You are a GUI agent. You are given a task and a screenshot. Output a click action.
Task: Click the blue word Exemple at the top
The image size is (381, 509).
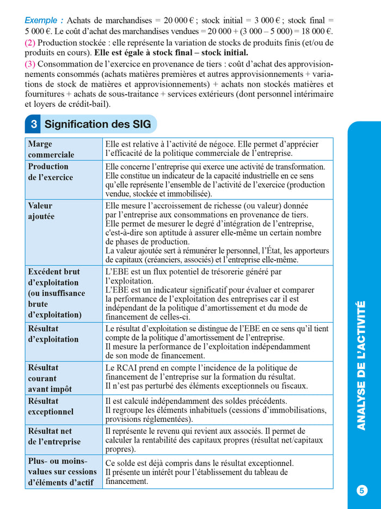point(44,20)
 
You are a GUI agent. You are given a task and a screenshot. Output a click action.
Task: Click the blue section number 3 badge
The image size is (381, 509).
point(34,124)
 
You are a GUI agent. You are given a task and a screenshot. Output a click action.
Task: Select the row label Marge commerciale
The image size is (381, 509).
point(51,149)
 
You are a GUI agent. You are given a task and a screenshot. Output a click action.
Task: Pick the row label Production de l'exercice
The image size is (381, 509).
point(50,172)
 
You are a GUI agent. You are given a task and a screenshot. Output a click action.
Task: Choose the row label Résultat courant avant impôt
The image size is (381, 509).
point(50,378)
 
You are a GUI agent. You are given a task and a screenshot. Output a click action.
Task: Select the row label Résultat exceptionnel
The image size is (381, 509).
point(51,407)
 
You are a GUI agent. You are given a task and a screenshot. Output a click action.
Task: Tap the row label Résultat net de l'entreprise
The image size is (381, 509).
point(54,437)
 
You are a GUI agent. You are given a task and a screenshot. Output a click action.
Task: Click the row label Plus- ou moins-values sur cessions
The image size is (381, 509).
point(62,471)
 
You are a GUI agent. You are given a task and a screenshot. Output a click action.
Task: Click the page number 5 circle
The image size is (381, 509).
point(362,490)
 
